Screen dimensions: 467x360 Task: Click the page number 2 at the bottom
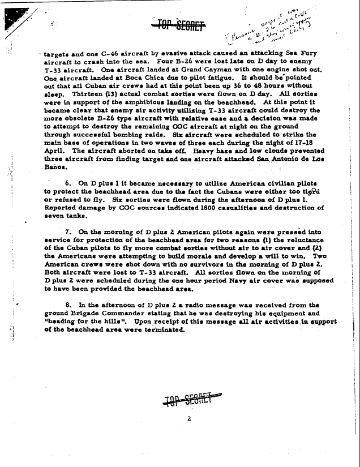pos(188,419)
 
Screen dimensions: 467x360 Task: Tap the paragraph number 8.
pos(68,305)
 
